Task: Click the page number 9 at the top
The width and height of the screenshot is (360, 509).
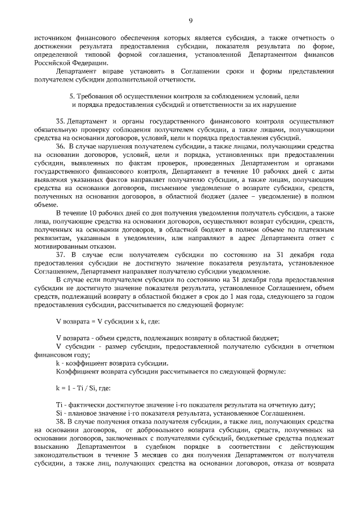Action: click(x=191, y=21)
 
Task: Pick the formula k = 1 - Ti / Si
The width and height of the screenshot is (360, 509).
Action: click(x=83, y=388)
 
